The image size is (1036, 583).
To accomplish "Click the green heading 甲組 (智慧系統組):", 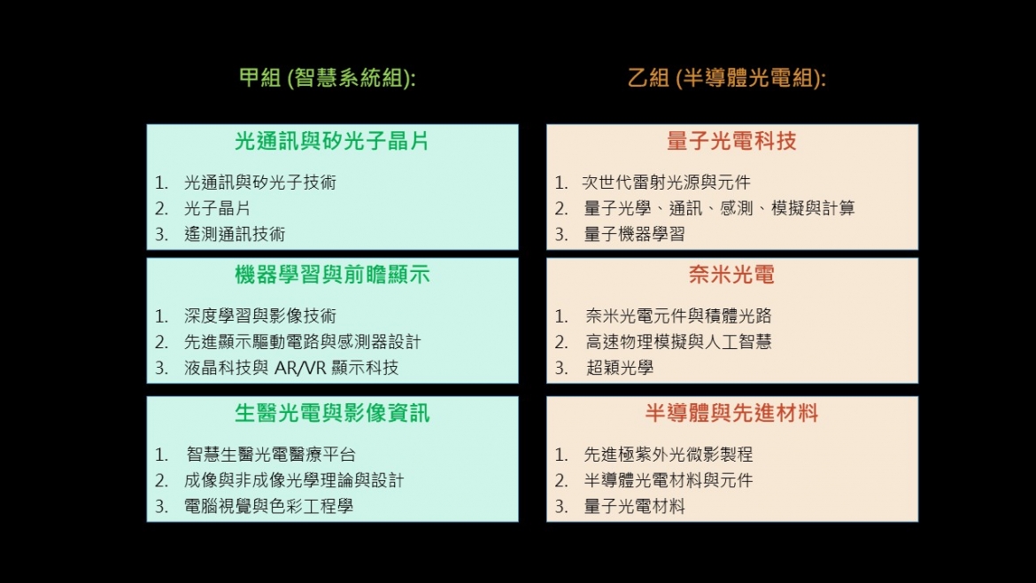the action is tap(327, 78).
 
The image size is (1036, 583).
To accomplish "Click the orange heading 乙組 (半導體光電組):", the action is tap(727, 78).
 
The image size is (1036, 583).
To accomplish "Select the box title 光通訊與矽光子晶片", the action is tap(332, 141).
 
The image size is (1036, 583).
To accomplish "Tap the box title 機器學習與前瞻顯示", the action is tap(332, 275).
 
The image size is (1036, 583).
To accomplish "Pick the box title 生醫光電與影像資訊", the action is tap(332, 413).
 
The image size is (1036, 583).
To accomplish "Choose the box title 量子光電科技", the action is tap(732, 141).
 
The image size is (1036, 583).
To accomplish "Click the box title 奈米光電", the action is tap(732, 275).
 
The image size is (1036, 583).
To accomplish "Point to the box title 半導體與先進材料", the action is tap(732, 413).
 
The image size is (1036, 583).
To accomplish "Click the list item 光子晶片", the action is tap(217, 208).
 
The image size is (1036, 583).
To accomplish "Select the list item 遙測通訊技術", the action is tap(235, 234).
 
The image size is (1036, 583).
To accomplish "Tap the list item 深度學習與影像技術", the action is tap(260, 316).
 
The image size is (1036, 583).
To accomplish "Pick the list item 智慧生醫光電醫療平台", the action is tap(271, 455).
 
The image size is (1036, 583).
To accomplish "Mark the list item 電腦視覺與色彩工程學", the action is tap(269, 506).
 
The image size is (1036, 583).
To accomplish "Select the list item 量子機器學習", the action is tap(634, 234).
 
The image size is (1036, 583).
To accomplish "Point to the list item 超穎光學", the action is tap(620, 369).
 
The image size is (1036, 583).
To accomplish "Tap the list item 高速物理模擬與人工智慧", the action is tap(678, 342).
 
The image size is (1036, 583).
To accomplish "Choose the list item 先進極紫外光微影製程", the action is tap(669, 455).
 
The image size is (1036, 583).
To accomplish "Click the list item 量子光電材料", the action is tap(634, 506).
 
